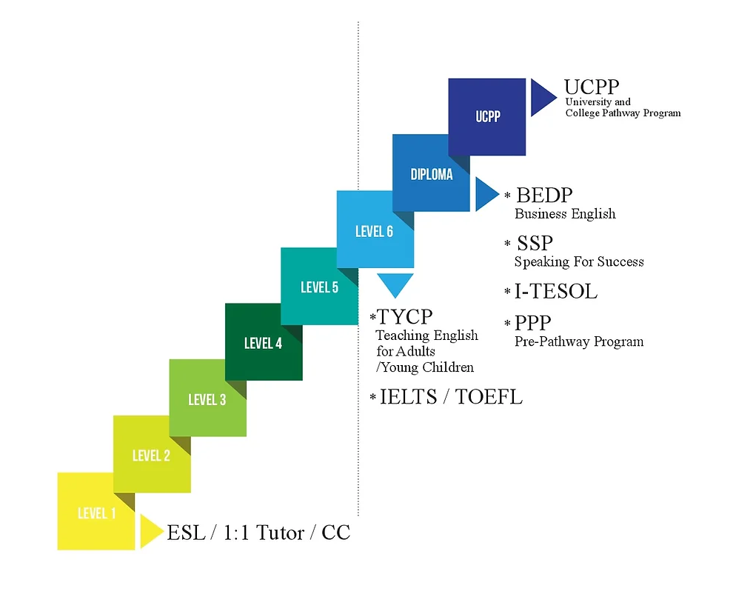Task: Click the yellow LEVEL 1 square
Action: click(x=96, y=512)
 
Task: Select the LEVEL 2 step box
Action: click(x=151, y=455)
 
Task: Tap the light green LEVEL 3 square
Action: click(x=207, y=399)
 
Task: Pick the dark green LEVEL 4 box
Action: click(x=263, y=343)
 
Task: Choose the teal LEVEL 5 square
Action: click(x=319, y=287)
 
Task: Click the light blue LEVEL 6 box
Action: click(x=374, y=230)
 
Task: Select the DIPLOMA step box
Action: click(x=431, y=174)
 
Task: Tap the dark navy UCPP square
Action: click(x=487, y=116)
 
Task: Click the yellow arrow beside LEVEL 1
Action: click(x=150, y=531)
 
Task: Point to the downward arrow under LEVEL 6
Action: click(x=395, y=284)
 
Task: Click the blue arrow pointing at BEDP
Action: click(x=486, y=194)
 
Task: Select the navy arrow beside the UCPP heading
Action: click(x=542, y=97)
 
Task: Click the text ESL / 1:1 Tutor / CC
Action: click(x=258, y=532)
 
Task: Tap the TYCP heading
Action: click(x=404, y=317)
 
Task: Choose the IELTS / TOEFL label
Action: click(x=451, y=397)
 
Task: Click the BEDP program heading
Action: click(x=544, y=196)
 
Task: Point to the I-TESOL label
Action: click(x=555, y=291)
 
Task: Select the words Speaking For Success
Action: click(x=579, y=261)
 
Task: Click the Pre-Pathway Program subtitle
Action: click(x=579, y=341)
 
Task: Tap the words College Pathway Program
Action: click(x=623, y=113)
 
